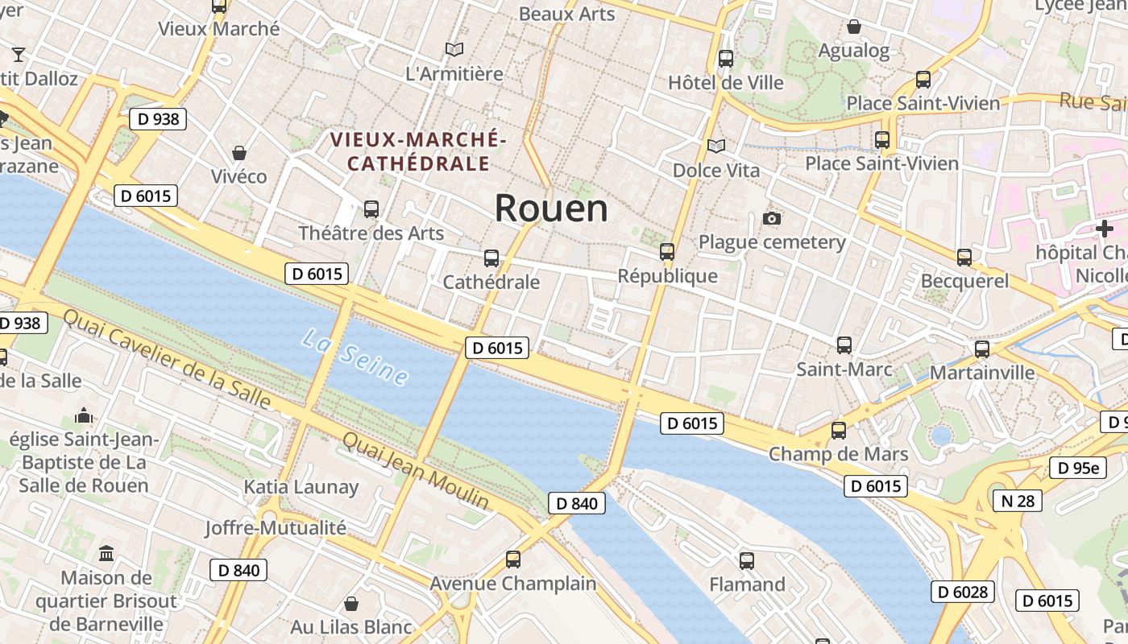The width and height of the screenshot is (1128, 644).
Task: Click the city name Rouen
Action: (x=551, y=208)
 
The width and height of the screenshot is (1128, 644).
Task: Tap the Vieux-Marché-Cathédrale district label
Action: (x=417, y=151)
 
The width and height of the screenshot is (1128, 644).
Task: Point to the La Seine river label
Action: (x=355, y=357)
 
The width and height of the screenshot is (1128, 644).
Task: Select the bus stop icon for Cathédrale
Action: (x=491, y=258)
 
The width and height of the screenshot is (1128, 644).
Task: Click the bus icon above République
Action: (x=667, y=251)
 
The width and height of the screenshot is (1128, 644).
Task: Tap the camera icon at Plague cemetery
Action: (x=772, y=219)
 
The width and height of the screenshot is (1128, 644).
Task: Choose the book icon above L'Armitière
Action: (x=454, y=50)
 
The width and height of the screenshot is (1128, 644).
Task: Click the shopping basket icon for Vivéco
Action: (x=239, y=153)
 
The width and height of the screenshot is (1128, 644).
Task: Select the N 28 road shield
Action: (x=1017, y=501)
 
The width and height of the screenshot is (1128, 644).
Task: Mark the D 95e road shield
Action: (x=1077, y=468)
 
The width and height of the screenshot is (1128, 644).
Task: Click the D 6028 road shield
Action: (x=964, y=592)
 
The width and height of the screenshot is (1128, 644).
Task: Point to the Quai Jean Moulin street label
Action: (x=416, y=470)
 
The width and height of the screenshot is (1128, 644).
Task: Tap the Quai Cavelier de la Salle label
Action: (x=167, y=359)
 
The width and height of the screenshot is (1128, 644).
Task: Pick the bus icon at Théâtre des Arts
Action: (x=371, y=209)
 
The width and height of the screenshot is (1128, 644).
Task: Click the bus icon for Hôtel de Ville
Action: (x=726, y=59)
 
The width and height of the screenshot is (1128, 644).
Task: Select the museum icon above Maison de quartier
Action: (x=106, y=554)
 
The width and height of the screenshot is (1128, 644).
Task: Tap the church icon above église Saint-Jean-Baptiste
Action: (x=84, y=415)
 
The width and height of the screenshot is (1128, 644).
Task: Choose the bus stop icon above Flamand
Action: (x=747, y=560)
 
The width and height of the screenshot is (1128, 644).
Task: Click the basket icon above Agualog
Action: (x=854, y=27)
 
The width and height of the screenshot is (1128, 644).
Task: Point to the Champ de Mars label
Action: (x=838, y=454)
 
